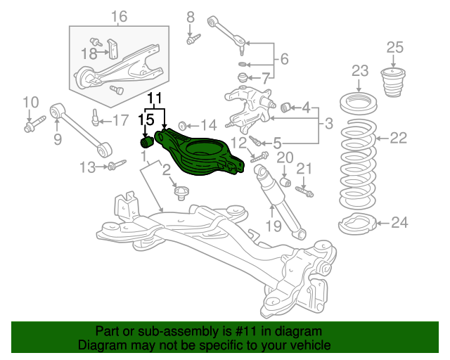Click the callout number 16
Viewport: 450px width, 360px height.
119,16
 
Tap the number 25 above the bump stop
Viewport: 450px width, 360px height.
395,47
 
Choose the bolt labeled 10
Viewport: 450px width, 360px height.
34,124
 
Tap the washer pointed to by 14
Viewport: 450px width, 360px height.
182,126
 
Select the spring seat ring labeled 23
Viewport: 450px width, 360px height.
359,103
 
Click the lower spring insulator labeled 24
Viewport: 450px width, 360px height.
358,224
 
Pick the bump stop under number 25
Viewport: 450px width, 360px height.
393,82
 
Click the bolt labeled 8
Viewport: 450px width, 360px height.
193,39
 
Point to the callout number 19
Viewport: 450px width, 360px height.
274,226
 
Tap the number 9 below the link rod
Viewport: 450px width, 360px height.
58,139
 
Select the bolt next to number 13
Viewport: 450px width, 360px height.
117,165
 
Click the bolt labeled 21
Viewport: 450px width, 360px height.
304,191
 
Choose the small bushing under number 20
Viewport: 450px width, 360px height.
285,181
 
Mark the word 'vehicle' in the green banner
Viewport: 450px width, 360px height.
313,345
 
